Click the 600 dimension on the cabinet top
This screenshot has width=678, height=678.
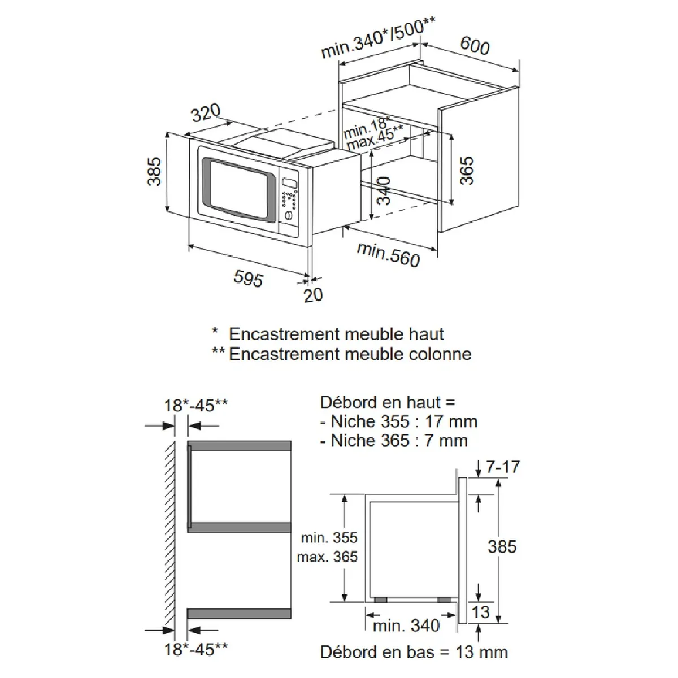click(x=475, y=46)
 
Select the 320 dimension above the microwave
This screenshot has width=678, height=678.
click(x=206, y=112)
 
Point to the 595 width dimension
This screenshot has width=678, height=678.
click(x=249, y=279)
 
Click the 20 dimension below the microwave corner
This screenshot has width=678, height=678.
click(x=313, y=295)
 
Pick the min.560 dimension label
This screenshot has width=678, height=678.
click(x=388, y=255)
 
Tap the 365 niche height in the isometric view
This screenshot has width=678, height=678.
click(x=467, y=171)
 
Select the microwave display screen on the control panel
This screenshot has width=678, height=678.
click(x=290, y=183)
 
